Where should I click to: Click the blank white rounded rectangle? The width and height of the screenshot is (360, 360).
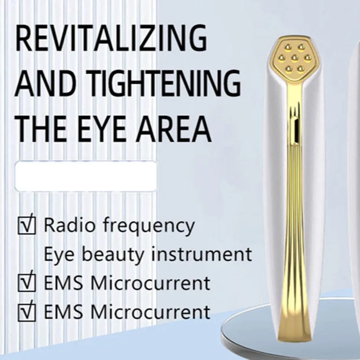pos(86,176)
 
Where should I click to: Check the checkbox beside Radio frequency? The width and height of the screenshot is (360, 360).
pos(27,225)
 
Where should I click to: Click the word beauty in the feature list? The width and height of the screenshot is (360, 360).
pos(113,254)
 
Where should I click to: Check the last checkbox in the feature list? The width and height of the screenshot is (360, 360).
pos(27,312)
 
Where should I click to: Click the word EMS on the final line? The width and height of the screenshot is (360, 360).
pos(63,312)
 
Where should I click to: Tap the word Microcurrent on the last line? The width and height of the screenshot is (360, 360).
pos(150,312)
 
